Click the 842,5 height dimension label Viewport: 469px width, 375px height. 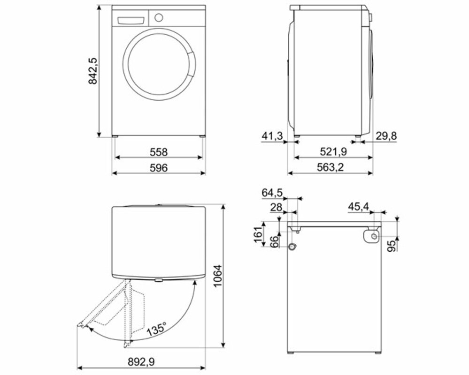tap(93, 71)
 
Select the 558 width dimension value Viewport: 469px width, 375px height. tap(159, 152)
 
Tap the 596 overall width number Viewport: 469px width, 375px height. tap(159, 168)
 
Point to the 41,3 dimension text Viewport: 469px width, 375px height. tap(272, 136)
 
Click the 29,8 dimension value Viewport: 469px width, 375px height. tap(386, 136)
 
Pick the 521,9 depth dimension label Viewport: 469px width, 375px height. tap(333, 152)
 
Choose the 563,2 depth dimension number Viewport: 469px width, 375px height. tap(331, 167)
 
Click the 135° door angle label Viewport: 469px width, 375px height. tap(156, 329)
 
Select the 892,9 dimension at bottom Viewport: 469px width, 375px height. tap(141, 362)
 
